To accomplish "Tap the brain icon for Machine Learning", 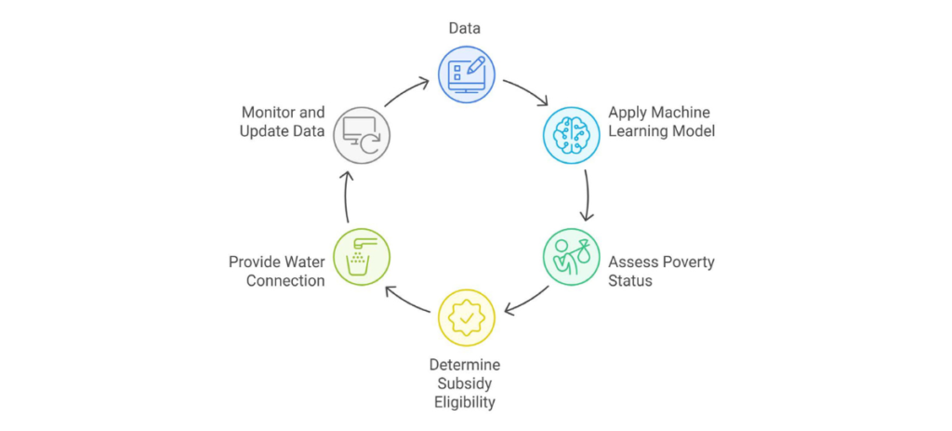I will (x=570, y=136).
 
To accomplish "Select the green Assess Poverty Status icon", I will (x=570, y=257).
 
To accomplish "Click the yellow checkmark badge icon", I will (x=466, y=317).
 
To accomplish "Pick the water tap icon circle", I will (x=362, y=257).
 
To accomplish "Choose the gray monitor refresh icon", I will (x=362, y=136).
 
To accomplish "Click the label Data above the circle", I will (x=465, y=29).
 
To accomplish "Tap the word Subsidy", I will (x=464, y=384).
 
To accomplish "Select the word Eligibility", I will (x=464, y=402).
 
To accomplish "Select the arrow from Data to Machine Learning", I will (x=525, y=90).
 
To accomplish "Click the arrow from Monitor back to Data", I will (x=406, y=89).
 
